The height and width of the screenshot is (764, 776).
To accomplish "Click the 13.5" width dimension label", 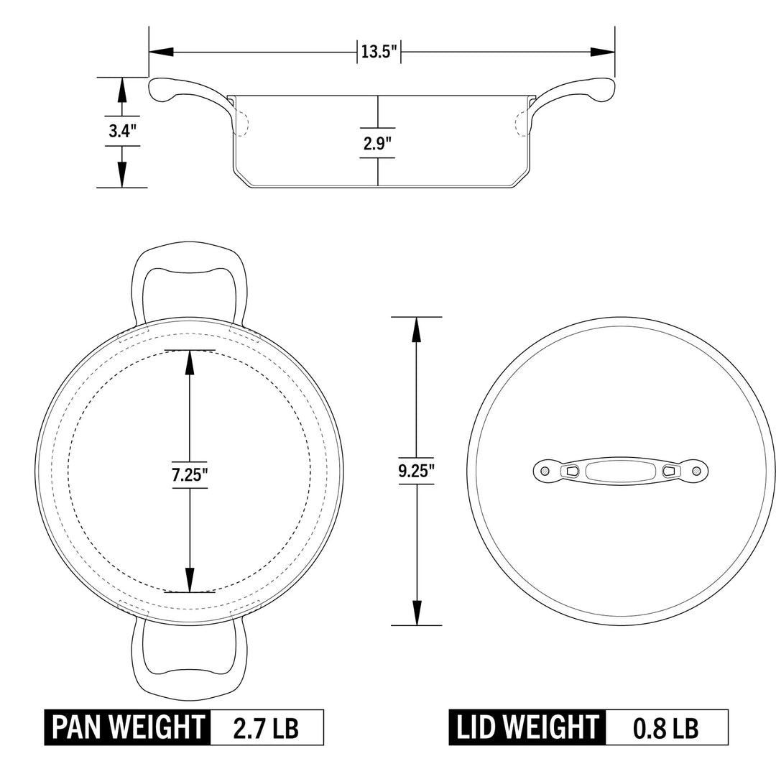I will (x=379, y=52).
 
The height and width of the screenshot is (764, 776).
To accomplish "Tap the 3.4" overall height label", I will (x=121, y=132).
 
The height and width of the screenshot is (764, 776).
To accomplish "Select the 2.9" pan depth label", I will (x=378, y=142).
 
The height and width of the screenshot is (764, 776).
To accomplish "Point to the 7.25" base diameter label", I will (x=190, y=475).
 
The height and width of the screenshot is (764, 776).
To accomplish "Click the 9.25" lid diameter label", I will (x=417, y=471).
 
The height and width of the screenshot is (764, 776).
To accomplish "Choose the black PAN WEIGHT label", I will (x=128, y=727).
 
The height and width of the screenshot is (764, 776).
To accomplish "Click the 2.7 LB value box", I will (x=267, y=727).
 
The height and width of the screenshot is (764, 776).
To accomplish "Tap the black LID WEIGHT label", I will (x=528, y=727).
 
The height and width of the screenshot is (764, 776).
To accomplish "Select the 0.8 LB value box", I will (x=665, y=727).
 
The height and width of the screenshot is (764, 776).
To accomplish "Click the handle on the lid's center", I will (x=619, y=471).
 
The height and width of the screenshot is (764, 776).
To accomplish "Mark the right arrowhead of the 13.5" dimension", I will (x=602, y=52).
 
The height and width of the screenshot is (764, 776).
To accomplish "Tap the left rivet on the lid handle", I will (x=545, y=471).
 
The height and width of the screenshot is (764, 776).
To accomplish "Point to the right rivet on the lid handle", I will (x=695, y=471).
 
